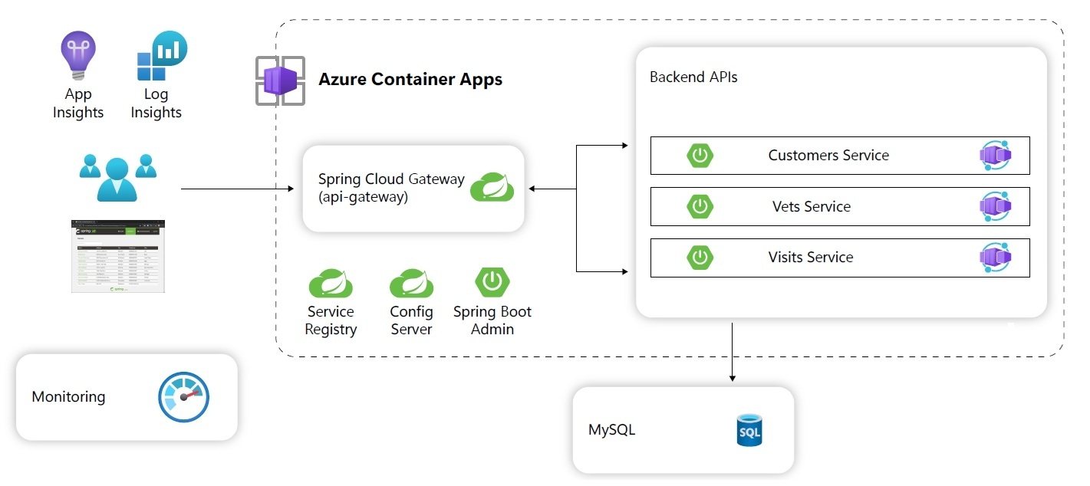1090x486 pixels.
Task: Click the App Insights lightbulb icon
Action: tap(77, 55)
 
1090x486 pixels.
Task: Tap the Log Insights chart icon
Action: tap(161, 56)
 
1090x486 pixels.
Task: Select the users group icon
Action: tap(117, 176)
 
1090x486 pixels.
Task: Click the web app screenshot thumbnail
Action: tap(118, 256)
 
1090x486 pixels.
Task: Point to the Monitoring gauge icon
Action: tap(183, 397)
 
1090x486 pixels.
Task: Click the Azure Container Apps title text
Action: tap(410, 80)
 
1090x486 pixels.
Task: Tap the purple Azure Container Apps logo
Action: tap(280, 80)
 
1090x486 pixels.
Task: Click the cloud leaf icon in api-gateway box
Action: tap(492, 188)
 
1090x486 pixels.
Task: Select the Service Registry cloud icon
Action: tap(331, 284)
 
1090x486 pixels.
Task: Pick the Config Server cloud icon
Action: tap(412, 284)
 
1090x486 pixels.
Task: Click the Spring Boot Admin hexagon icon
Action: tap(492, 282)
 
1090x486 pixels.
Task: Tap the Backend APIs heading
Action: tap(693, 77)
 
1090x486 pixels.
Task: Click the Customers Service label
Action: tap(828, 156)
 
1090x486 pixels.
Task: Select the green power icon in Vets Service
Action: tap(700, 206)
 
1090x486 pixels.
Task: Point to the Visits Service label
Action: tap(811, 258)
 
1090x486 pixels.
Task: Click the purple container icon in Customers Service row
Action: tap(996, 156)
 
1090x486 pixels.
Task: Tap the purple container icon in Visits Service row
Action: tap(996, 258)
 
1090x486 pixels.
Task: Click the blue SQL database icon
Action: tap(749, 430)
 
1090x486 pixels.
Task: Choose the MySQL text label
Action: tap(611, 430)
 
